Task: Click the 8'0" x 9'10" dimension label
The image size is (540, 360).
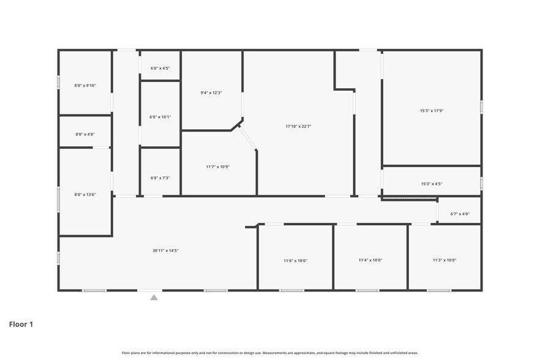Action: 85,86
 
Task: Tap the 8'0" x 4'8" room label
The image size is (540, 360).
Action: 85,134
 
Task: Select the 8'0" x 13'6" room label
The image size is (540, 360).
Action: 85,195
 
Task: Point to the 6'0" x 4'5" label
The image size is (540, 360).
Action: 160,69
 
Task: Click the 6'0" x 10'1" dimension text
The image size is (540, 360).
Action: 160,117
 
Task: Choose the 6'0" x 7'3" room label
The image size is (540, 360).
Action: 160,178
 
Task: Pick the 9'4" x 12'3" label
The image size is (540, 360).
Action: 211,93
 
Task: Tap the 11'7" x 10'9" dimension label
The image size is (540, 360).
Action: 217,167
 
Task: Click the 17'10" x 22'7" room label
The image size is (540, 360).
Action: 298,127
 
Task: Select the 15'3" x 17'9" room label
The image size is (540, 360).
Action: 431,111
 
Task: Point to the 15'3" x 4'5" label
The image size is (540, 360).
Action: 431,184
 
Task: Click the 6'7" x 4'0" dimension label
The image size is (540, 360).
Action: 459,214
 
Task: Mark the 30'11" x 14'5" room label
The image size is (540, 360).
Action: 165,250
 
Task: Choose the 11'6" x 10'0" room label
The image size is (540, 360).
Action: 295,261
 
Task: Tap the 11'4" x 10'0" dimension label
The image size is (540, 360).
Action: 370,260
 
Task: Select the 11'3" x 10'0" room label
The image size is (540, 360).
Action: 444,260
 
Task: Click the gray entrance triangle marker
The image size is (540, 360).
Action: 154,298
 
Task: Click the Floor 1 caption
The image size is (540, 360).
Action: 21,324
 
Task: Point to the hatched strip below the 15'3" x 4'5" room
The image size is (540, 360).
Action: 409,198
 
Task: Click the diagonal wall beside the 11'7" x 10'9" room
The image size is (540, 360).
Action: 247,138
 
